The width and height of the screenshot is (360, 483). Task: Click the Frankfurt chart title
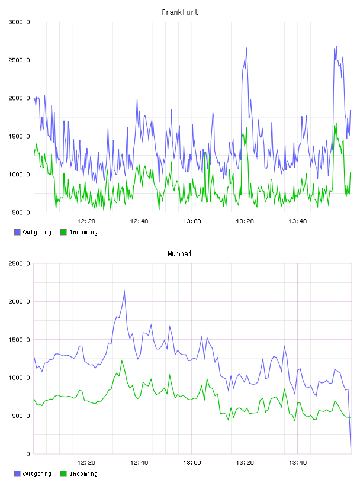coord(180,12)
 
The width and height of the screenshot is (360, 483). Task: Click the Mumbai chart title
coord(179,254)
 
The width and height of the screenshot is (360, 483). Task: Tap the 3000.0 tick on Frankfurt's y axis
coord(19,22)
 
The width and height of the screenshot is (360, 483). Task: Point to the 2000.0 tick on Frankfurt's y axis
coord(19,98)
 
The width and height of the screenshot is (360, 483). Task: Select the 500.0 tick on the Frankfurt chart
coord(21,212)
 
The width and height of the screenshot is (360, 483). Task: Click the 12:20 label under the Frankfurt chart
coord(86,221)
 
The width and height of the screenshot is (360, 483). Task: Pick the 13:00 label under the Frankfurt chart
coord(192,221)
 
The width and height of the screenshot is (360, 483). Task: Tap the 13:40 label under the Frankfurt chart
coord(298,221)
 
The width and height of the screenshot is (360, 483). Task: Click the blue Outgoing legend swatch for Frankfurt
coord(17,232)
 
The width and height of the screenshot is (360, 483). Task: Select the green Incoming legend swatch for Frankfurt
coord(63,232)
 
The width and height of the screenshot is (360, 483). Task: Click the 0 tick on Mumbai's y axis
coord(28,454)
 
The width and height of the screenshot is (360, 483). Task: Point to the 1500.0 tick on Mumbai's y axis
coord(19,340)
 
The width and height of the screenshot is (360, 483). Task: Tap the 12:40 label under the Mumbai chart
coord(139,463)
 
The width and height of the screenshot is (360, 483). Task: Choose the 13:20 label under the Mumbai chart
coord(245,463)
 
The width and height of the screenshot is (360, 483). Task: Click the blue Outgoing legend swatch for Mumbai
coord(17,474)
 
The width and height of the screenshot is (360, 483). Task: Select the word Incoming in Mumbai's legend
coord(83,474)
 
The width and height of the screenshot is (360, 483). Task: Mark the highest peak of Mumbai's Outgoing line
coord(124,291)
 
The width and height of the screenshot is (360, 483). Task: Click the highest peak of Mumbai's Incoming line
coord(122,360)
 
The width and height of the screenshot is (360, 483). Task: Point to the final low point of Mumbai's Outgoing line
coord(351,447)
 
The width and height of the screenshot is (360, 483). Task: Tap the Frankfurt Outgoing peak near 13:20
coord(246,48)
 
